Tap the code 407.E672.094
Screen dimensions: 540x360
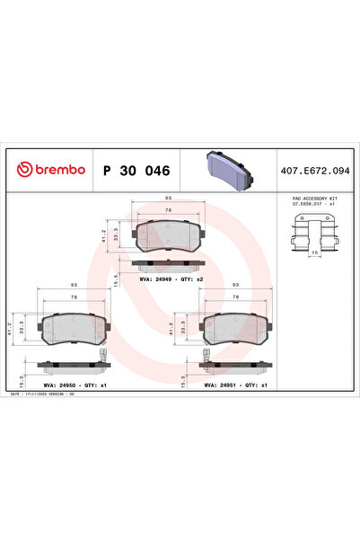tap(314, 170)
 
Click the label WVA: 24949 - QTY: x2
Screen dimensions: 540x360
tap(170, 279)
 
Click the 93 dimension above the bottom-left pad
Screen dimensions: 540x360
tap(74, 285)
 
